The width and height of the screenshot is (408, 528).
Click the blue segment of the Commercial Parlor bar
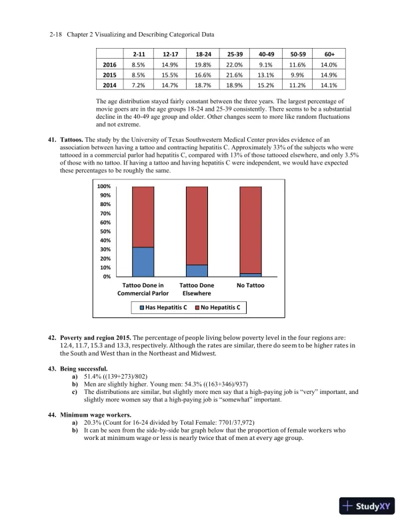coord(143,261)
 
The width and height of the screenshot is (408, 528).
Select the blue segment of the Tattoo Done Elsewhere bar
coord(197,271)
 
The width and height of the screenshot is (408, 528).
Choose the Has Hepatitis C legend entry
coord(163,308)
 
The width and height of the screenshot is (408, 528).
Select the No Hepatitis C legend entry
coord(217,308)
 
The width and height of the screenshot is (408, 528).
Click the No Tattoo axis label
coord(251,285)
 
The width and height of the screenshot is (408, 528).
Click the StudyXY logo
coord(367,506)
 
